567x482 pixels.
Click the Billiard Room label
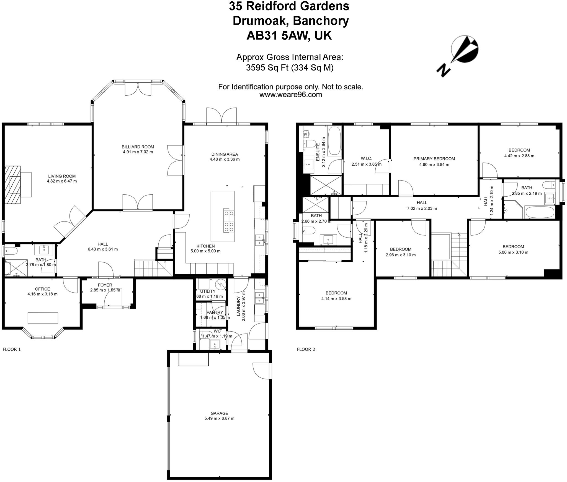[138, 147]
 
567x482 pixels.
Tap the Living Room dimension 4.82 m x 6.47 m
[62, 181]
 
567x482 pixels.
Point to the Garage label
[219, 413]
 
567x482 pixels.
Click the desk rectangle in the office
[43, 318]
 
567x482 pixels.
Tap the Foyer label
[105, 285]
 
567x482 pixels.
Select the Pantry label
[215, 312]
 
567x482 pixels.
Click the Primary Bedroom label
[434, 159]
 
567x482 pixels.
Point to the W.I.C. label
[366, 158]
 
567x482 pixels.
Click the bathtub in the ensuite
[334, 141]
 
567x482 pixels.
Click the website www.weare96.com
[290, 95]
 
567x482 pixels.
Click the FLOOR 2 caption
[306, 349]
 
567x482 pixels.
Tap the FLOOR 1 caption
[12, 349]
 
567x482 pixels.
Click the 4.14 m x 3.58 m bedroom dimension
[336, 299]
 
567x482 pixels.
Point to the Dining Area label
[225, 154]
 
